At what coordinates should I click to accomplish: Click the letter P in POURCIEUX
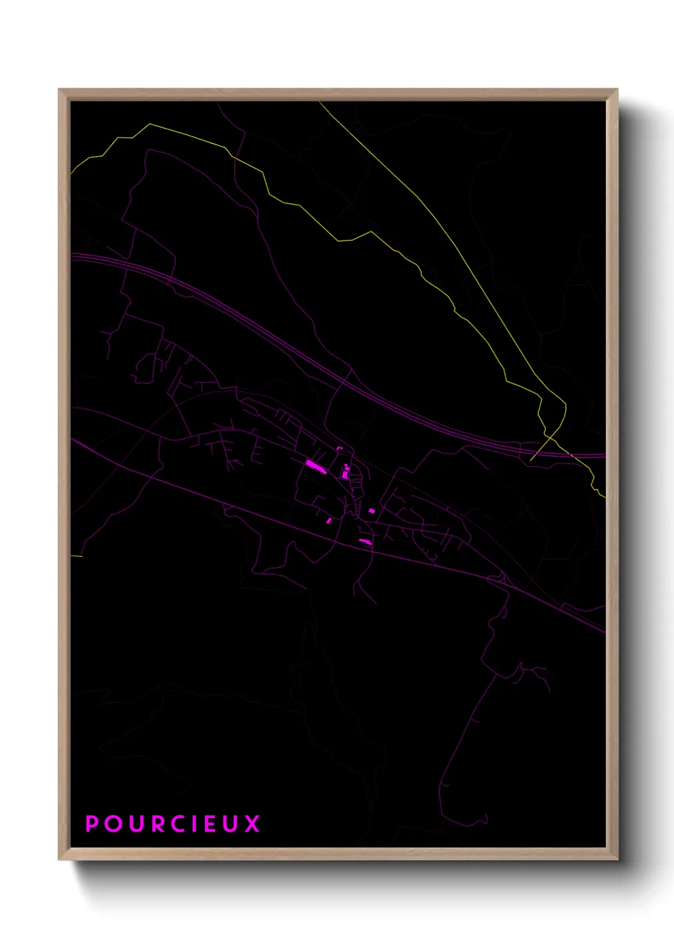point(92,824)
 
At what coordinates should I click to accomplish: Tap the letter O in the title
point(114,824)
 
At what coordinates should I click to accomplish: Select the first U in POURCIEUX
point(136,824)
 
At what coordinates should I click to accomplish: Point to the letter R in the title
point(158,824)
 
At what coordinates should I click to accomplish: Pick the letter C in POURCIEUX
point(178,824)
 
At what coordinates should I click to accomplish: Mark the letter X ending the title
point(252,824)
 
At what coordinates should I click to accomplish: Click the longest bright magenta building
point(315,466)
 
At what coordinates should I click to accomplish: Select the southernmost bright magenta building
point(365,542)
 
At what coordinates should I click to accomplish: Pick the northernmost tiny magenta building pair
point(340,449)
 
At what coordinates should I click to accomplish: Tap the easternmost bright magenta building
point(372,510)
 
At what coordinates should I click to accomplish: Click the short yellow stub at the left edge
point(76,556)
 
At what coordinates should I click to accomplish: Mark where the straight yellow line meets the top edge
point(320,103)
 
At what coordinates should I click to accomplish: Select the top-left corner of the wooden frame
point(59,90)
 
